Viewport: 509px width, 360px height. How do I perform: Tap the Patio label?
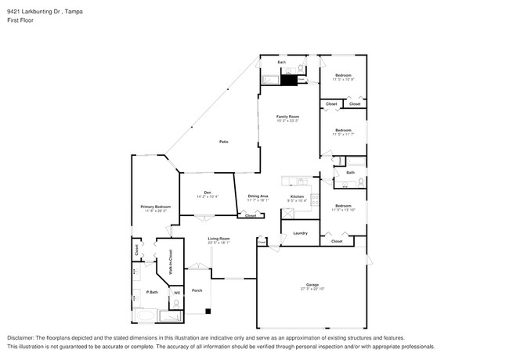point(223,142)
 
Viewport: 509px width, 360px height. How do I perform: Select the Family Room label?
point(287,116)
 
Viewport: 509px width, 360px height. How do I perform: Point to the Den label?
point(208,192)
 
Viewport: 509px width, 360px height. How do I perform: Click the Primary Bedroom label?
point(155,207)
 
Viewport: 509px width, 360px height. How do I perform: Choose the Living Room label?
point(218,239)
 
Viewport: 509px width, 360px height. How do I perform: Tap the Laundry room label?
point(299,233)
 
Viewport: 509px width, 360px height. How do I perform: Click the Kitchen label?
point(297,196)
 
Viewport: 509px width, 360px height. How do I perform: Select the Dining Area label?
point(258,196)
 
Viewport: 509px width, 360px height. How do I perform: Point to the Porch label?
point(197,290)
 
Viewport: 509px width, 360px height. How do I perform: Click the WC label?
point(177,293)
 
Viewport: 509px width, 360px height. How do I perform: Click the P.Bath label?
point(142,293)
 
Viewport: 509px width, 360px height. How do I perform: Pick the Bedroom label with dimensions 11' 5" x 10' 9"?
point(343,76)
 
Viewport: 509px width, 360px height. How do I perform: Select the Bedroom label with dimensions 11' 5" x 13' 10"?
point(343,206)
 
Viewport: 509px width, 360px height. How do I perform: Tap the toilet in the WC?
point(176,304)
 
